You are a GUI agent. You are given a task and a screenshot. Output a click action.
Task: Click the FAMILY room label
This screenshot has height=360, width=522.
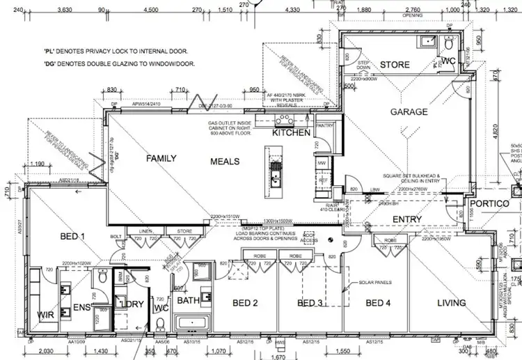162,159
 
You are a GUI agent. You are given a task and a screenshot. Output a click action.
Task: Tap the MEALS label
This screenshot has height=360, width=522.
224,162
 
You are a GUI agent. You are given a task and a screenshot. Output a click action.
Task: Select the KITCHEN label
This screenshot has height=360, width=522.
291,132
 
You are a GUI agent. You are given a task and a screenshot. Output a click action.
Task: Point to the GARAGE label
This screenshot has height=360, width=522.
409,112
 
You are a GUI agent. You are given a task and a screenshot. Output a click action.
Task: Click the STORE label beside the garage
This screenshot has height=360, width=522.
395,65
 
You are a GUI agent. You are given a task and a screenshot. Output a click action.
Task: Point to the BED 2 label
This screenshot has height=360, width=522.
245,303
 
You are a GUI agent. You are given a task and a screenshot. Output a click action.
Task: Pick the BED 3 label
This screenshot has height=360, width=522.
310,303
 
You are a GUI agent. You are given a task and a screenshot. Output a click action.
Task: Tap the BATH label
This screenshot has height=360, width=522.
188,300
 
